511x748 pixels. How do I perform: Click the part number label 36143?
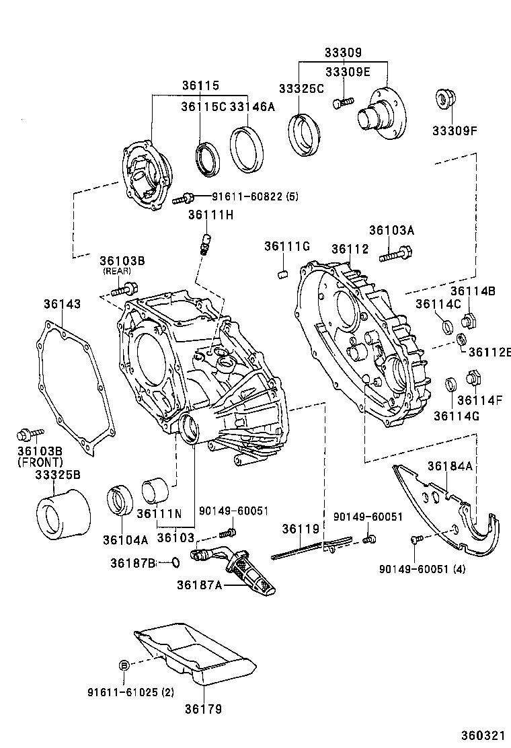pos(63,304)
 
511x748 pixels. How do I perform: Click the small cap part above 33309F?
pos(444,99)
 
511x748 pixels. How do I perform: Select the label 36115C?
pos(203,107)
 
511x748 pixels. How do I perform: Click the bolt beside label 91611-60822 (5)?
pos(184,198)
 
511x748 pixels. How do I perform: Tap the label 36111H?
pos(210,215)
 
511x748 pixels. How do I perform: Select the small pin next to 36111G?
pos(283,274)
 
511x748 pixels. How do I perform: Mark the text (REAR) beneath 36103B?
pos(116,271)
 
